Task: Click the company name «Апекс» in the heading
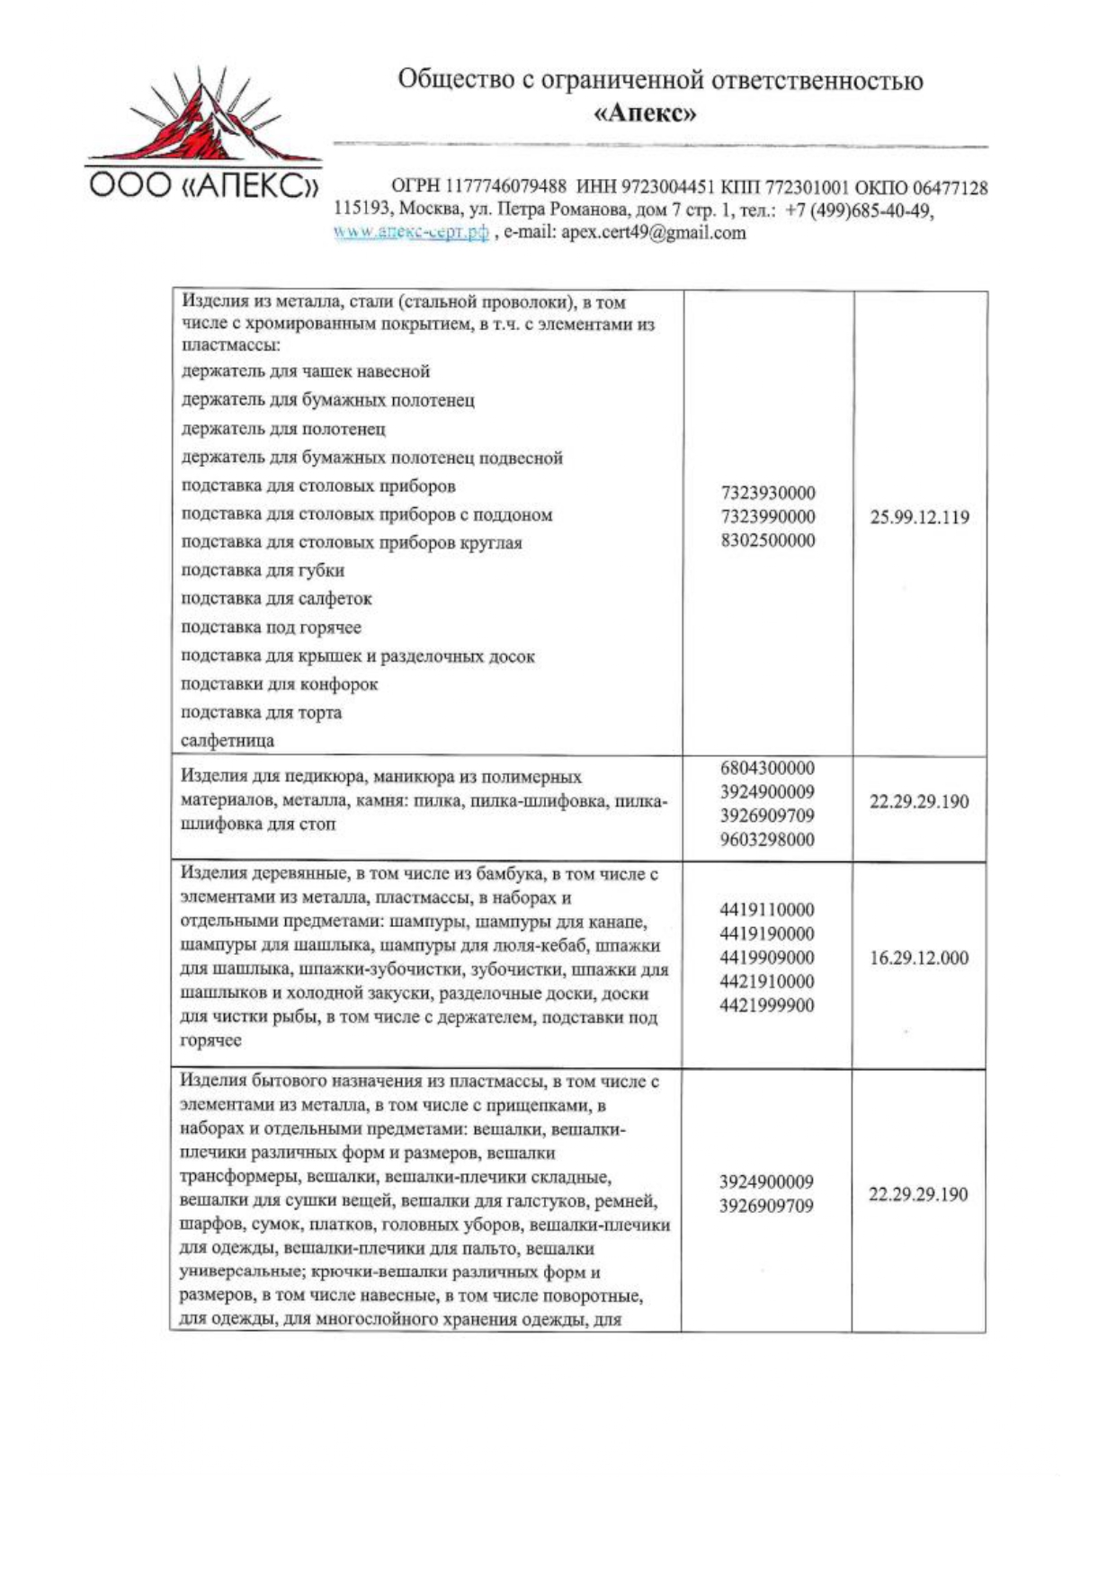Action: pos(645,114)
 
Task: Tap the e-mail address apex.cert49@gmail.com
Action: pos(653,233)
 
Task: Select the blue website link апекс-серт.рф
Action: pos(411,233)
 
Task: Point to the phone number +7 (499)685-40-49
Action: pos(860,211)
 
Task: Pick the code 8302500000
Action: pos(768,540)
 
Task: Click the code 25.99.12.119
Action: pos(919,517)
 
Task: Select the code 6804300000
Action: pos(767,769)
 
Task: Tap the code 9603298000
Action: pos(767,840)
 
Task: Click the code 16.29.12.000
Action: pos(918,958)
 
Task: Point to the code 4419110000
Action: pos(766,910)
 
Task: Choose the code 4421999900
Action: pos(766,1005)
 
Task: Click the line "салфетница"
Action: pos(228,741)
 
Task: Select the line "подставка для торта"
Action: pos(261,712)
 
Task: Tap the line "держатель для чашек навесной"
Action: pos(306,371)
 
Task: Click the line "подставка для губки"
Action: pos(263,570)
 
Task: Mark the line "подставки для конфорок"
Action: pos(279,684)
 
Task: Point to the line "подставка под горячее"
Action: pos(271,628)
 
